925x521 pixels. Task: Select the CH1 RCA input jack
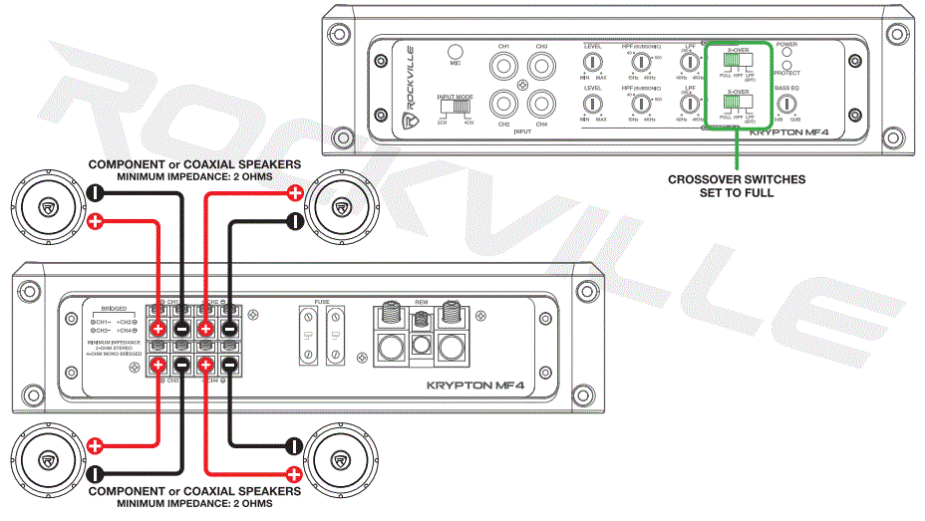coord(504,68)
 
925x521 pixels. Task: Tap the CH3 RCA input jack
coord(541,68)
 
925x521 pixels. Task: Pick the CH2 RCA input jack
coord(504,105)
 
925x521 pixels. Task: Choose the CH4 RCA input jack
coord(541,105)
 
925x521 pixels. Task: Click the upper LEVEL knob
coord(593,63)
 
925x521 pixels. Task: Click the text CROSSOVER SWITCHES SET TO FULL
coord(737,185)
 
